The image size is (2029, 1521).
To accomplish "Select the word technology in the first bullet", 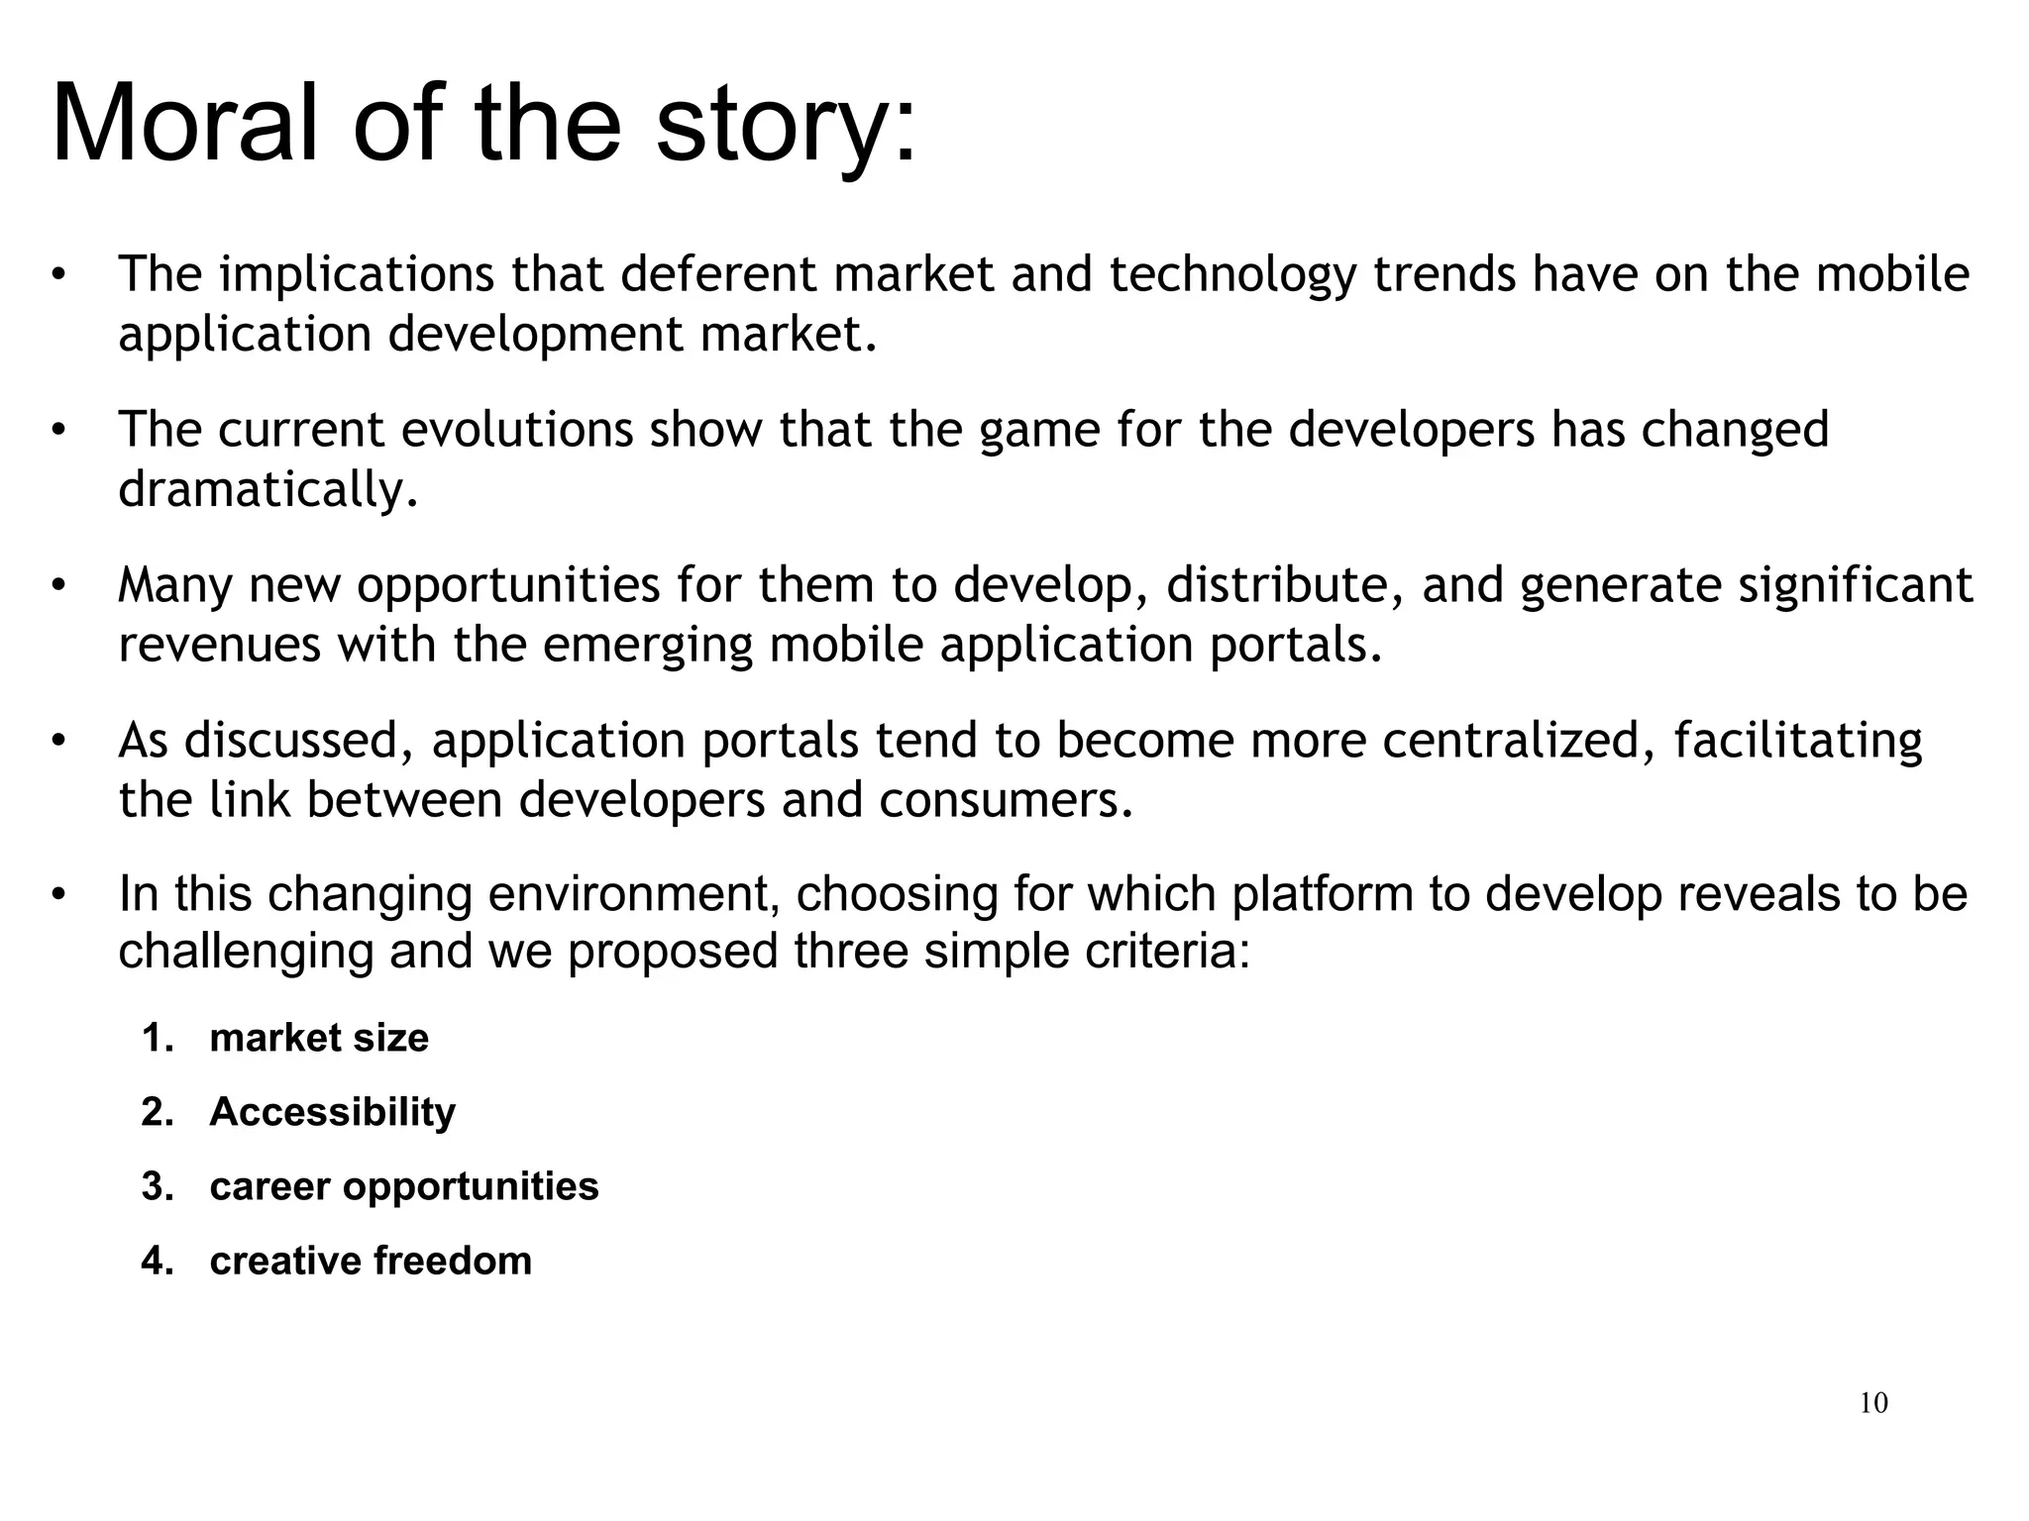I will click(1232, 276).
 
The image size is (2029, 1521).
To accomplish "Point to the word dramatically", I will click(267, 490).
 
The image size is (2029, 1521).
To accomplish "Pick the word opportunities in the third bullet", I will click(508, 586).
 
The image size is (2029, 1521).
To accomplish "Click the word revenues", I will click(219, 645).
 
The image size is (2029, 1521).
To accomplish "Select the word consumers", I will click(1006, 800).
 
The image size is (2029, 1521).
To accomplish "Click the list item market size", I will click(319, 1038).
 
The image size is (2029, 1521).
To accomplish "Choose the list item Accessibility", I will click(332, 1112).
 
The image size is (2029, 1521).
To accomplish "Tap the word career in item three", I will click(268, 1186).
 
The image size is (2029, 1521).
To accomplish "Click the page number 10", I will click(1873, 1403).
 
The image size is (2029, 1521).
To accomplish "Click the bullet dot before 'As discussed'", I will click(58, 742).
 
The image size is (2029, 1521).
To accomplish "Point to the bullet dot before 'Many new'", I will click(58, 586).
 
